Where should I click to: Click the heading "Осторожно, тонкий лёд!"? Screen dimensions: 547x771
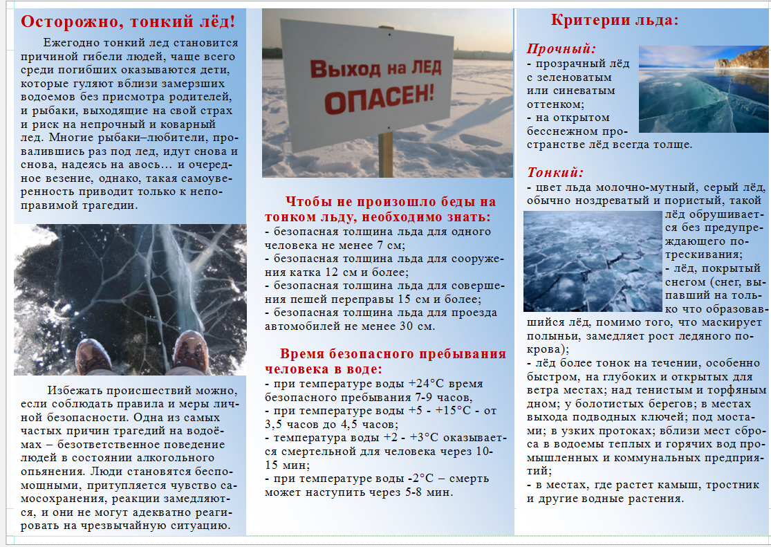pyautogui.click(x=129, y=21)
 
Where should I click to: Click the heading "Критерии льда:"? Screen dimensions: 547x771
pyautogui.click(x=615, y=20)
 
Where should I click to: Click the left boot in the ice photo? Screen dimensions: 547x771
pyautogui.click(x=93, y=356)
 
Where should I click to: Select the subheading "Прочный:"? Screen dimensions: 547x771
pyautogui.click(x=561, y=48)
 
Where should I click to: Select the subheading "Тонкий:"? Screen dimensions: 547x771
pyautogui.click(x=555, y=172)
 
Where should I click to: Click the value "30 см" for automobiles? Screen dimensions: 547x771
pyautogui.click(x=420, y=326)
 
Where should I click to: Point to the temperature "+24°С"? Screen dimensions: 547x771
pyautogui.click(x=428, y=384)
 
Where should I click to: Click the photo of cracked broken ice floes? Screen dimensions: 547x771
pyautogui.click(x=593, y=261)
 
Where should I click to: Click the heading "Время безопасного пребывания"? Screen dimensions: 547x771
pyautogui.click(x=393, y=353)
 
